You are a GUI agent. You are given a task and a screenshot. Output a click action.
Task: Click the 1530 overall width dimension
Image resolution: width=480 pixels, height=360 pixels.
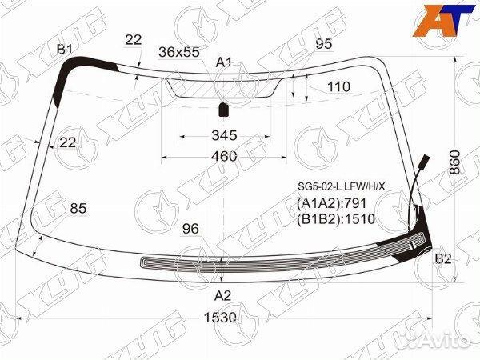220,318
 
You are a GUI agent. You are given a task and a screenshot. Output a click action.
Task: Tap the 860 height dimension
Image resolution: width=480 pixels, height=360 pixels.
455,162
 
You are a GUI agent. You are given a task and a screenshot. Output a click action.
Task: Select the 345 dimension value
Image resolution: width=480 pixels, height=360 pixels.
224,135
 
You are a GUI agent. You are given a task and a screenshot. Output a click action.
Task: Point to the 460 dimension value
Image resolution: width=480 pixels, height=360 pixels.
224,156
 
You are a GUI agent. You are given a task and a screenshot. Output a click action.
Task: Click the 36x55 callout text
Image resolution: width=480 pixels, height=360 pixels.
178,52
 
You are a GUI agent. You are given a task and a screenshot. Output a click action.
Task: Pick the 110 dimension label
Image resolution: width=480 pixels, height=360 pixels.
339,87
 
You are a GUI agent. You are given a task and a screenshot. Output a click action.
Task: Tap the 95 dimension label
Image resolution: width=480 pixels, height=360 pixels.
323,44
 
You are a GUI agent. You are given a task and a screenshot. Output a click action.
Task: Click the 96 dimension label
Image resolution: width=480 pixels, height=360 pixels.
190,229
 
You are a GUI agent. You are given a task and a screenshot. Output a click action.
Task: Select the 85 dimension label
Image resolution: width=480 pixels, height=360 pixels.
78,209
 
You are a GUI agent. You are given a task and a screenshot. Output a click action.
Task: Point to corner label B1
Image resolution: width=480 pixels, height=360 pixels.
64,49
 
